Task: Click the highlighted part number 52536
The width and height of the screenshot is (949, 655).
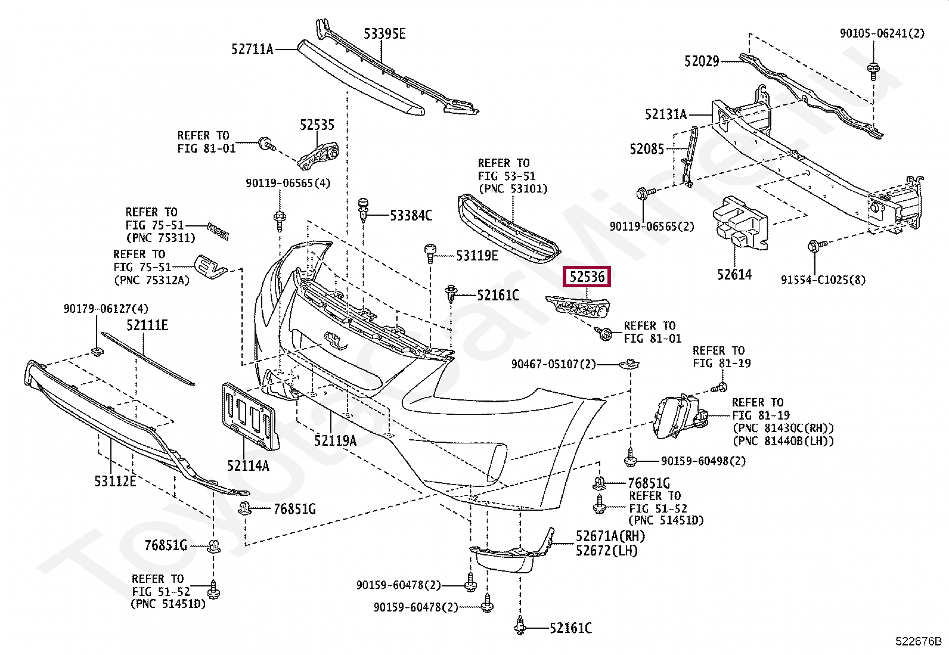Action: tap(587, 277)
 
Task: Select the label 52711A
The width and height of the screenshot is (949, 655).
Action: tap(252, 49)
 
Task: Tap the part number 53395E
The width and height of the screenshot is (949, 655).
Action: tap(384, 33)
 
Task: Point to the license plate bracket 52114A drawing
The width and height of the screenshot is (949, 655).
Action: tap(250, 416)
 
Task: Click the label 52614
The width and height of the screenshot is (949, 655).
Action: tap(734, 274)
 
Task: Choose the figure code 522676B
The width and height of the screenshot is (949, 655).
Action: tap(918, 641)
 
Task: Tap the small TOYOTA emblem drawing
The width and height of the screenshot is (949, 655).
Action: tap(218, 231)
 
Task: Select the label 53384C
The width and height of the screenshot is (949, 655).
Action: tap(411, 216)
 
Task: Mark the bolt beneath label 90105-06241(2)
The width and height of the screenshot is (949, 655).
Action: tap(873, 70)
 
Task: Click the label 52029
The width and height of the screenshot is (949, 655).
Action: tap(702, 61)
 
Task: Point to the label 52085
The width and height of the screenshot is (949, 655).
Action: tap(647, 149)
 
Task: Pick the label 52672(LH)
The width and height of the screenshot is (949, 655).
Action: tap(607, 550)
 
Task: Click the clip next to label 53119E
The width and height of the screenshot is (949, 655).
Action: tap(430, 253)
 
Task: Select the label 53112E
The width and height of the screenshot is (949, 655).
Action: tap(115, 481)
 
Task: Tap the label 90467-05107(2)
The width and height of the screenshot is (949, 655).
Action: tap(553, 364)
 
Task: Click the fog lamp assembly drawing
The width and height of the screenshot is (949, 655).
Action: tap(682, 417)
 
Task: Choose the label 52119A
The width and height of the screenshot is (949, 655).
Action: tap(335, 440)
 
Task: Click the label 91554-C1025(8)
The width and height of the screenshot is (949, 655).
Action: tap(823, 280)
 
